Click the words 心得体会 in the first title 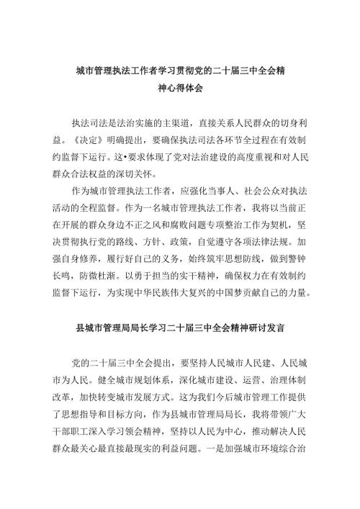point(186,90)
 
